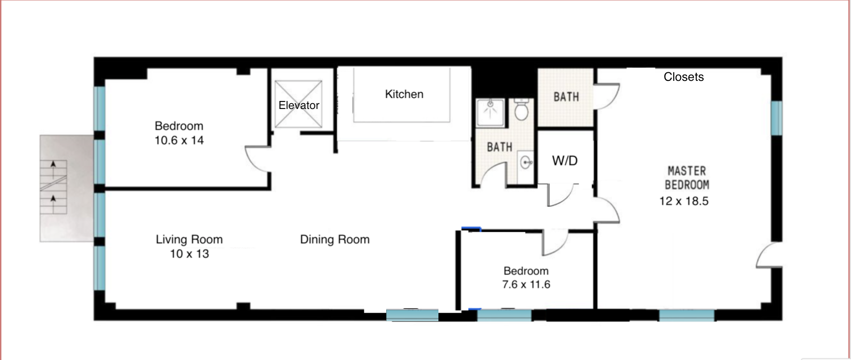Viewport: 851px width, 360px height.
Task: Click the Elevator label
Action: pyautogui.click(x=299, y=105)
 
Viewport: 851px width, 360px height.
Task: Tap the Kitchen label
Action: pyautogui.click(x=404, y=94)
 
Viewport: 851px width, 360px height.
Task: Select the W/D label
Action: pyautogui.click(x=565, y=161)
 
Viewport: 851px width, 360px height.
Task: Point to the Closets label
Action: pyautogui.click(x=684, y=77)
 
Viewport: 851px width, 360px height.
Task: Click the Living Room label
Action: pyautogui.click(x=189, y=239)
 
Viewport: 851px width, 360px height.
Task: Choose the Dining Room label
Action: pyautogui.click(x=334, y=239)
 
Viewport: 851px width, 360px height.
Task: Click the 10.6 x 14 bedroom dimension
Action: pyautogui.click(x=179, y=140)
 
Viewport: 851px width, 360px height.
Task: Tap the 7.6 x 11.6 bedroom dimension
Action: pyautogui.click(x=526, y=285)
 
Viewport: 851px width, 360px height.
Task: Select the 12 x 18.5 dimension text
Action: pyautogui.click(x=684, y=201)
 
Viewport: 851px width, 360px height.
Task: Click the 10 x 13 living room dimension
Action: pyautogui.click(x=189, y=254)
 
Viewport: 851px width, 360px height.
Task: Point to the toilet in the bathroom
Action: pyautogui.click(x=521, y=109)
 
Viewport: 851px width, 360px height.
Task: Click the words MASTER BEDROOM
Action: pyautogui.click(x=687, y=178)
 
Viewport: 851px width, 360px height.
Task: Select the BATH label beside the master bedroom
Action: pyautogui.click(x=566, y=97)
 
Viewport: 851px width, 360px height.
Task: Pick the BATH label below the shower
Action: pyautogui.click(x=499, y=147)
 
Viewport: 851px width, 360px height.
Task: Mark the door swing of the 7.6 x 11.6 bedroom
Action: pyautogui.click(x=555, y=243)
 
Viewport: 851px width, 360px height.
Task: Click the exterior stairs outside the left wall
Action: pyautogui.click(x=54, y=188)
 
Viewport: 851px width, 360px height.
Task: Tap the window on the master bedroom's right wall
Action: pyautogui.click(x=777, y=118)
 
